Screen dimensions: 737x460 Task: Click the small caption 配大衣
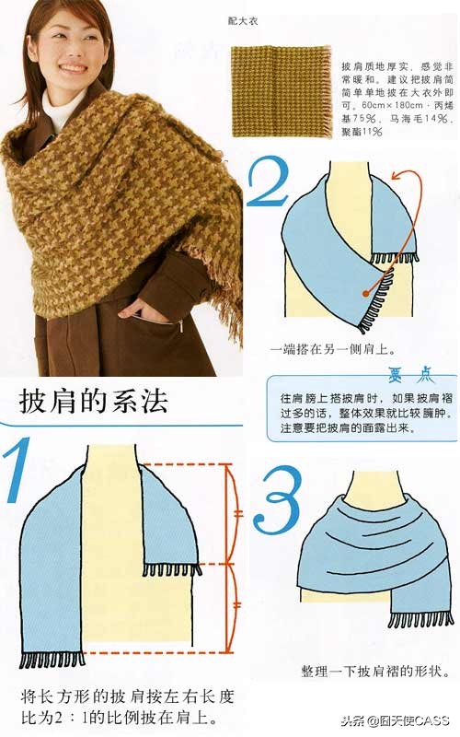click(x=242, y=18)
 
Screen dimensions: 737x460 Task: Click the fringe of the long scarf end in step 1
click(x=52, y=660)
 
